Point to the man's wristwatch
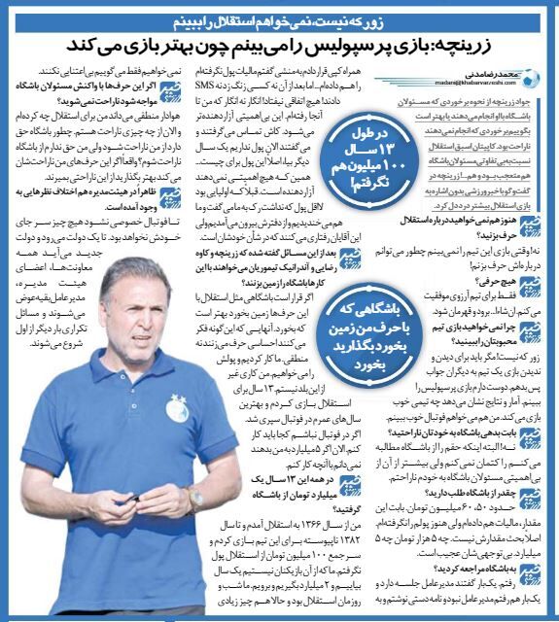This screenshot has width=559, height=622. click(196, 496)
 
